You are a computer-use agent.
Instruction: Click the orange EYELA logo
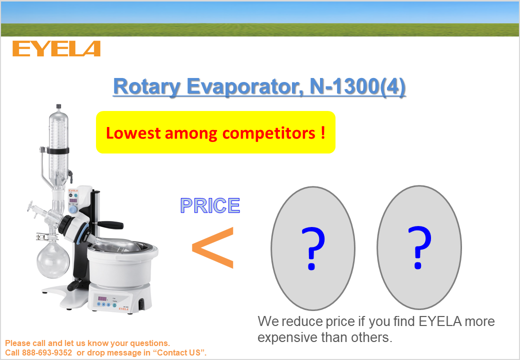pos(56,48)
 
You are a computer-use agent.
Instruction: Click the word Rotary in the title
pos(147,86)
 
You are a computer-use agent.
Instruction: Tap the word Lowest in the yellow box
pos(133,133)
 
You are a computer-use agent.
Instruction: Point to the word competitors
pos(268,134)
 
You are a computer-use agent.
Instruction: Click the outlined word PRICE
pos(210,205)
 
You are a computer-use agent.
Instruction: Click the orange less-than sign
pos(213,247)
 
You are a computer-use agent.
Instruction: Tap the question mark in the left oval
pos(313,248)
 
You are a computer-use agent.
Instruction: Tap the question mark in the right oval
pos(419,247)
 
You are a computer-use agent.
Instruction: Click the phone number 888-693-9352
pos(47,352)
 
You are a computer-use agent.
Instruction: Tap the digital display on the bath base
pos(102,298)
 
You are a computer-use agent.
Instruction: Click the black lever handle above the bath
pos(110,225)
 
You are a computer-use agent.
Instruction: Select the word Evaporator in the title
pos(244,86)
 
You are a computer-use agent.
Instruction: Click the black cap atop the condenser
pos(58,106)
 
